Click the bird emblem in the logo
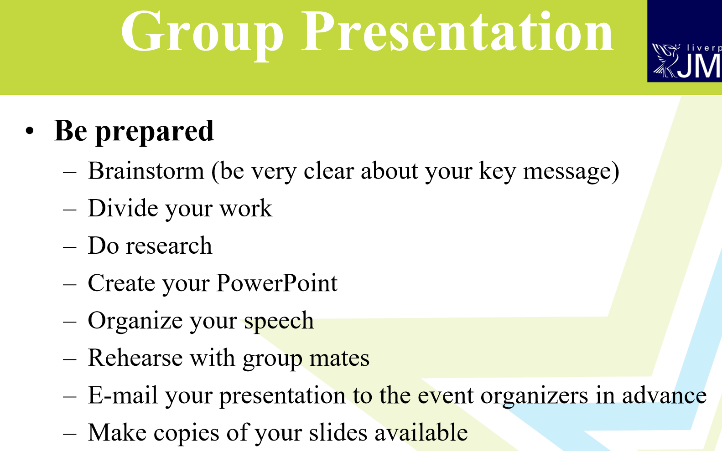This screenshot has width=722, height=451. tap(665, 60)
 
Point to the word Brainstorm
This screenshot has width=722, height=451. tap(146, 171)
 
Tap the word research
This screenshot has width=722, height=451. tap(169, 245)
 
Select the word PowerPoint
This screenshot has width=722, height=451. tap(277, 282)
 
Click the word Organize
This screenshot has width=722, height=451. tap(135, 321)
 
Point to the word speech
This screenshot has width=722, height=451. tap(279, 321)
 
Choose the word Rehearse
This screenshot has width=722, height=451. tap(135, 358)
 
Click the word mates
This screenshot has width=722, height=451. tap(339, 358)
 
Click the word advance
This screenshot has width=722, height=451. tap(665, 395)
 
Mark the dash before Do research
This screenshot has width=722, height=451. tap(70, 247)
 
